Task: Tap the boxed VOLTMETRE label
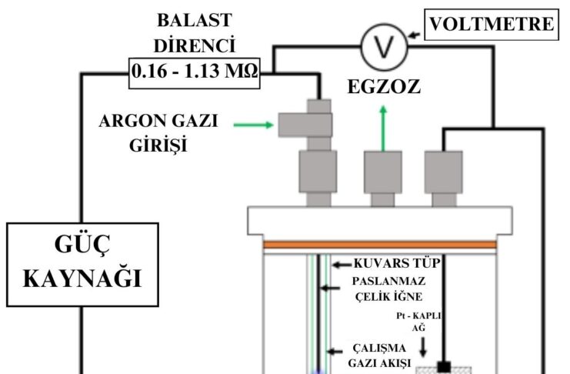[492, 24]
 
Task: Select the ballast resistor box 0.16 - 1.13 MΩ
[195, 75]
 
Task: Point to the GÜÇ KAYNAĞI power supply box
[80, 262]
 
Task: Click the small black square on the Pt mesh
[444, 366]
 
